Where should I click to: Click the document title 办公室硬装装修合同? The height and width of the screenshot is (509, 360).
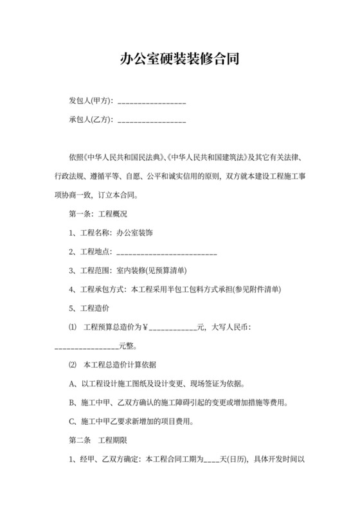click(x=180, y=61)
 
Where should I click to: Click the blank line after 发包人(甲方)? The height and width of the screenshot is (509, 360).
click(x=152, y=102)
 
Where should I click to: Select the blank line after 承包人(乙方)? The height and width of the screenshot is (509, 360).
click(x=152, y=120)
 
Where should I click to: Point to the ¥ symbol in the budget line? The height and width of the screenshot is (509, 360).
click(x=145, y=328)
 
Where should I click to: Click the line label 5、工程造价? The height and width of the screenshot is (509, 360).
click(x=89, y=308)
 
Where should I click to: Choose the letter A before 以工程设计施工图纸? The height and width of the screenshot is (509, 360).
click(x=71, y=384)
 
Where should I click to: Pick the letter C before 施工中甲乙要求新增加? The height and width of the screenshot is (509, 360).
click(x=71, y=422)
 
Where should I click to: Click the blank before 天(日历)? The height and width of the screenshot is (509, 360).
click(x=212, y=461)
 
